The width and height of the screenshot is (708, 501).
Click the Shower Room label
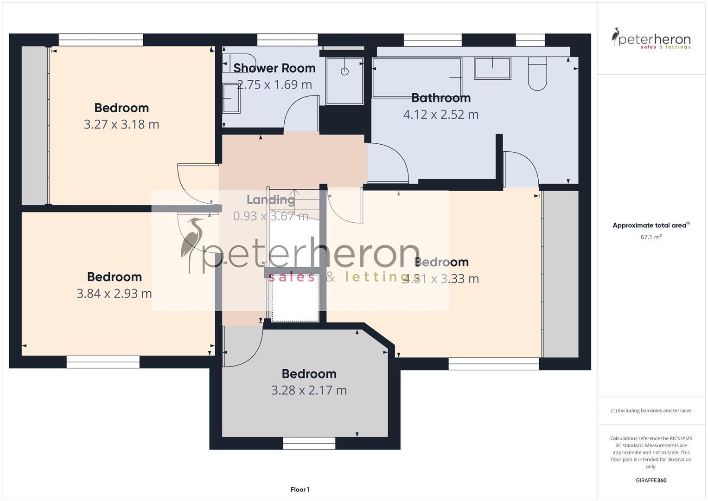274,68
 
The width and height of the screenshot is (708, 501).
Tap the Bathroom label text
441,98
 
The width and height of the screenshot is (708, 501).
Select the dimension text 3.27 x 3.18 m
121,124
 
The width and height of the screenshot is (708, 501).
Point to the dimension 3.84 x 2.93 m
114,294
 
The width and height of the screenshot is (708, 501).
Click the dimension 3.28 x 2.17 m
309,390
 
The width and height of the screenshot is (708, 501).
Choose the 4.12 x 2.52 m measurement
441,115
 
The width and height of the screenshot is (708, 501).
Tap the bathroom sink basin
492,68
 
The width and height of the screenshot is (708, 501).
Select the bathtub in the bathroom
417,77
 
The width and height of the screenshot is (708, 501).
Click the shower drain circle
344,71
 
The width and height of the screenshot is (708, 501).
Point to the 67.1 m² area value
651,237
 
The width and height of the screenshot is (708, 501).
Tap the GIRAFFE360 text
651,481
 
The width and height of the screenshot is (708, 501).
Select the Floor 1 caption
300,489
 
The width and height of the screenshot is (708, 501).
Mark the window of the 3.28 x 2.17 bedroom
309,443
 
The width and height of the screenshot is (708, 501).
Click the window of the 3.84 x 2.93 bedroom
103,362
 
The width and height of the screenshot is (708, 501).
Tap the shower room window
287,40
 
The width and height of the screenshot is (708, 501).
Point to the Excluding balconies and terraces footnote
651,411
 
